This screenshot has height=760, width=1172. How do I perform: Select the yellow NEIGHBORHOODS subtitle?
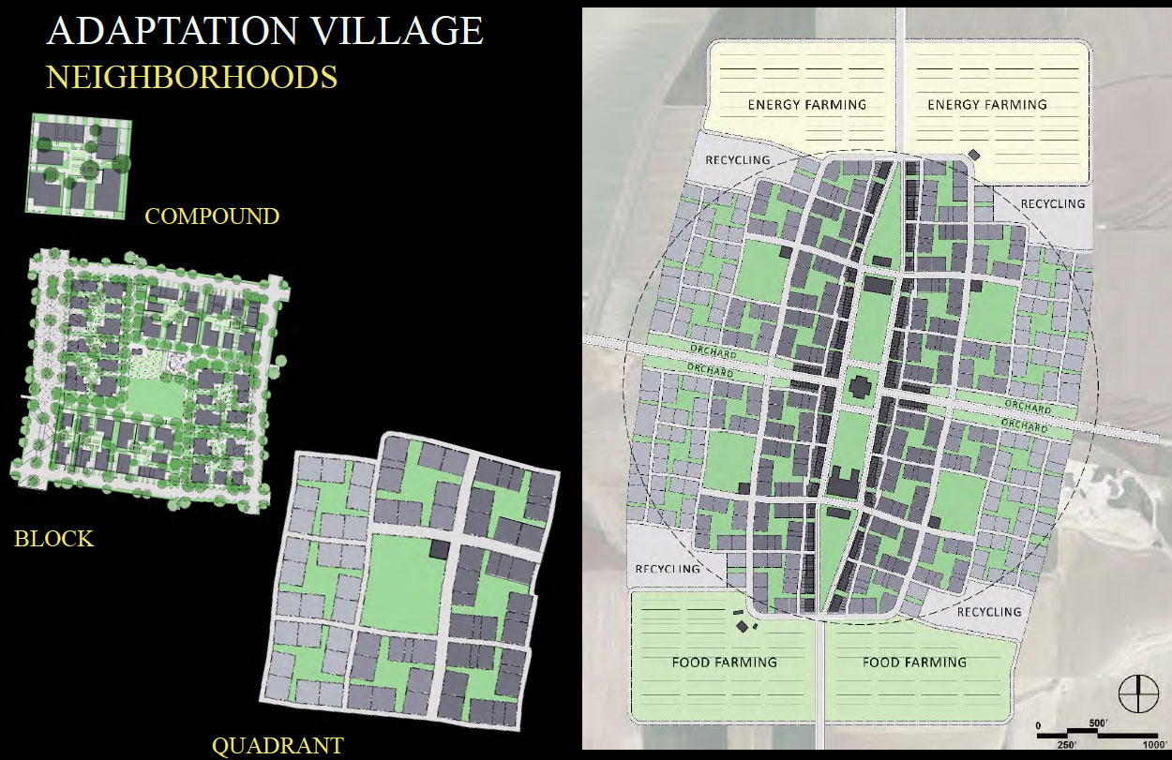(191, 77)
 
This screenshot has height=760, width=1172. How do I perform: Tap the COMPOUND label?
(212, 216)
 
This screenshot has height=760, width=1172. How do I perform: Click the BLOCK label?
(53, 539)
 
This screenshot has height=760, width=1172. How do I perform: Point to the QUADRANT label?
(278, 747)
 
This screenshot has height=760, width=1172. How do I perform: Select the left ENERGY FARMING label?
(806, 105)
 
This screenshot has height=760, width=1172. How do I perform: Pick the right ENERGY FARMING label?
(986, 105)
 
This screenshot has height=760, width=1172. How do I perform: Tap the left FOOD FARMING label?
(724, 663)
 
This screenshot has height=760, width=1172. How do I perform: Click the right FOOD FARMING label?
(913, 663)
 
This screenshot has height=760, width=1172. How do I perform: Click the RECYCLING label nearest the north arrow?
(989, 612)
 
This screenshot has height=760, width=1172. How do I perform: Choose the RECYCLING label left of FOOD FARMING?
(668, 569)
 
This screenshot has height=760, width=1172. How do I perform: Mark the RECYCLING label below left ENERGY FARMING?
(738, 160)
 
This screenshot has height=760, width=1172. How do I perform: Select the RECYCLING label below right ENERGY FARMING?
(1052, 203)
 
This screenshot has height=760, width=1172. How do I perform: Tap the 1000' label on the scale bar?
(1154, 744)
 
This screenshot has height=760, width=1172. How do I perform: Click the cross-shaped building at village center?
(858, 387)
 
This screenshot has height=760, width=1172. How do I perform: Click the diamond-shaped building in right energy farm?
(974, 155)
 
